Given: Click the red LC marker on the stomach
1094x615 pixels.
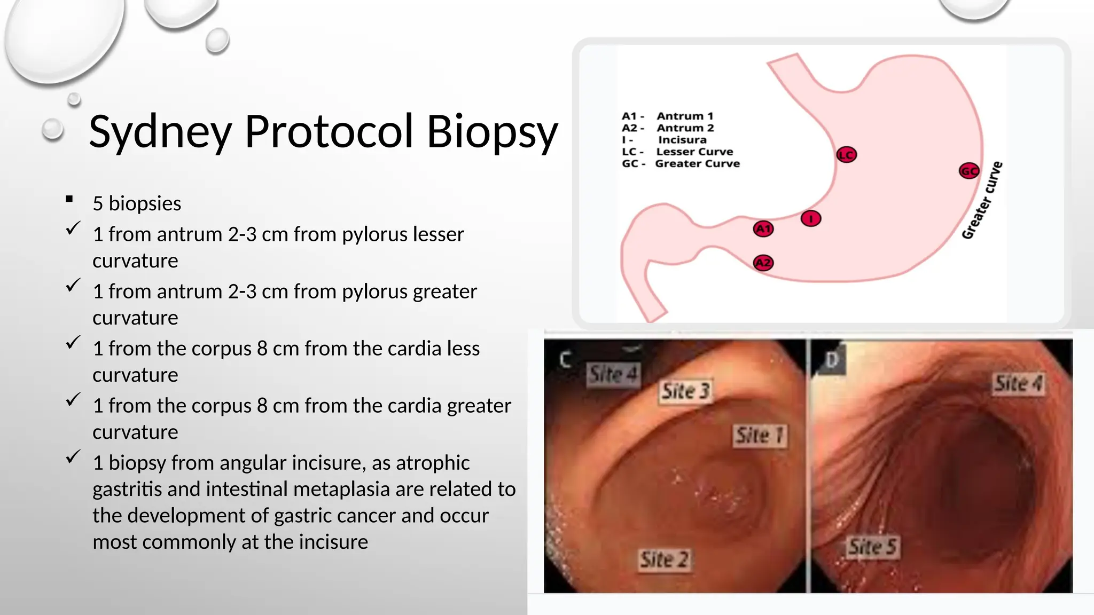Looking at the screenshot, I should [847, 155].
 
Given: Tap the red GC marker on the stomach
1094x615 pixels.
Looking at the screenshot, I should [969, 171].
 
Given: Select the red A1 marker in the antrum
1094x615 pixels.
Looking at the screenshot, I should [763, 229].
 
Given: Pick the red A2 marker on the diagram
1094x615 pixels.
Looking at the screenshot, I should [763, 263].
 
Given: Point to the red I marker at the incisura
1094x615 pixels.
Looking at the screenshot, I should [811, 218].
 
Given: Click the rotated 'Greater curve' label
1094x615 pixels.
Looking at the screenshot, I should [982, 201].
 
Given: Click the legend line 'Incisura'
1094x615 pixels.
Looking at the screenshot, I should [682, 140].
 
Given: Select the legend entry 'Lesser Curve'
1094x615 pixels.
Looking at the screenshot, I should [694, 152].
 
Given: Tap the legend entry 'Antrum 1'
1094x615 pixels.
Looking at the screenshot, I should [685, 116].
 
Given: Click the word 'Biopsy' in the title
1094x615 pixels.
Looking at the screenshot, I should [492, 132].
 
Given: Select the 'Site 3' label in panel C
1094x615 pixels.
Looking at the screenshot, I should [686, 391].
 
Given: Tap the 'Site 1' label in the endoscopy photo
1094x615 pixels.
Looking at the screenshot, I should [760, 436].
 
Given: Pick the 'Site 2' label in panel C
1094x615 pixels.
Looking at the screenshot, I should [665, 559].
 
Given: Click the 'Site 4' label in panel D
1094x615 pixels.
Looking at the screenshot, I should [1018, 383].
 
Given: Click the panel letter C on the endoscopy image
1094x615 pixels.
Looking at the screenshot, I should [565, 360].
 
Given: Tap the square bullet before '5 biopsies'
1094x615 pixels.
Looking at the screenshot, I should [69, 200].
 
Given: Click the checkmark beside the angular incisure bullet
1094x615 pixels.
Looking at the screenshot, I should [73, 456].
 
